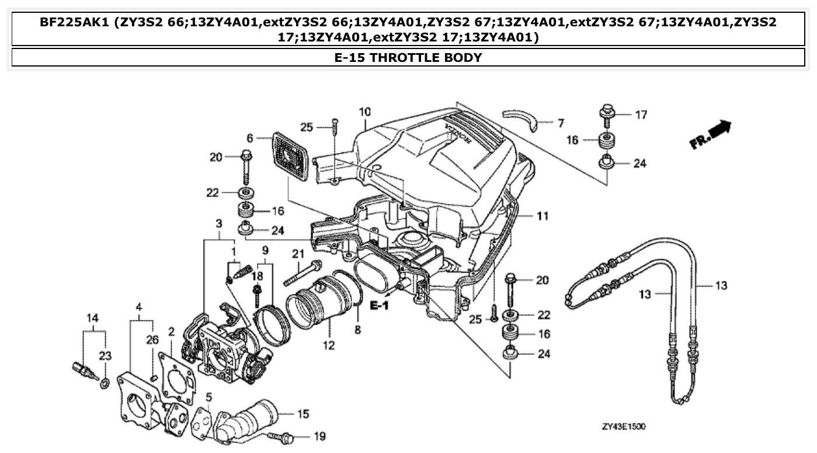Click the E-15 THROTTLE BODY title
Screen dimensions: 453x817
[408, 57]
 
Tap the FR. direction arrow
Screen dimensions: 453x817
[710, 134]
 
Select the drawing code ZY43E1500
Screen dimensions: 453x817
[624, 427]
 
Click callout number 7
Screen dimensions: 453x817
[560, 123]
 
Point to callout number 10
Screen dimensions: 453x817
[365, 111]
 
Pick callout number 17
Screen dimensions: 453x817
[641, 115]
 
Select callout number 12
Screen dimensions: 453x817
[329, 345]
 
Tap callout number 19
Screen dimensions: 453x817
[319, 435]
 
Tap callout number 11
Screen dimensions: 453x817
[543, 217]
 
